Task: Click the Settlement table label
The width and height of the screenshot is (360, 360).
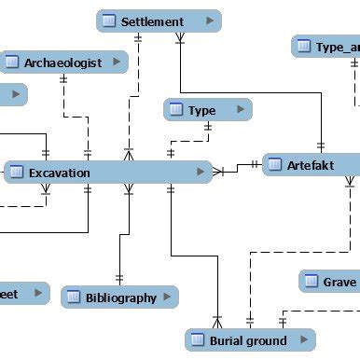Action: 152,21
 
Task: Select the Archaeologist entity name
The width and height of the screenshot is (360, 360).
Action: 62,62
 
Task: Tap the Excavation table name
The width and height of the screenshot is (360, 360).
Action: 59,173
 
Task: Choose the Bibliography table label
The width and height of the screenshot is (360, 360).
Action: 120,298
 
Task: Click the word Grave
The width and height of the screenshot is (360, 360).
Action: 339,282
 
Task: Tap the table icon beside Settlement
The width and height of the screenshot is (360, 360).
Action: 109,21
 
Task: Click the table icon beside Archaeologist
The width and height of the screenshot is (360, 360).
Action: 12,62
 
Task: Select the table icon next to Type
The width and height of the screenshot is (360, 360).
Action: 176,110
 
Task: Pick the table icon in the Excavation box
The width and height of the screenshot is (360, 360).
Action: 17,173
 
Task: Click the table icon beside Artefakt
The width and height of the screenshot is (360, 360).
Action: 274,165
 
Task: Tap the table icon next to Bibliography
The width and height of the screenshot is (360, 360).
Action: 74,298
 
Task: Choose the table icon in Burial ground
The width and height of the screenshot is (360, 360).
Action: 197,340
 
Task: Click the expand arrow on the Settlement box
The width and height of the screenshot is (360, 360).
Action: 206,21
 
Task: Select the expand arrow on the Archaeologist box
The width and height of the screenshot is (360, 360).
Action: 117,62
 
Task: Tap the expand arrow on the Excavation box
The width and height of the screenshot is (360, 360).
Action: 201,173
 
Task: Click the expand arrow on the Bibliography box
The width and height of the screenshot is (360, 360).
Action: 166,298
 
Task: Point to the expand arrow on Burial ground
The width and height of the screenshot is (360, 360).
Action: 303,340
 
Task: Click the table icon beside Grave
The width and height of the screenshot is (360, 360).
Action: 312,282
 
